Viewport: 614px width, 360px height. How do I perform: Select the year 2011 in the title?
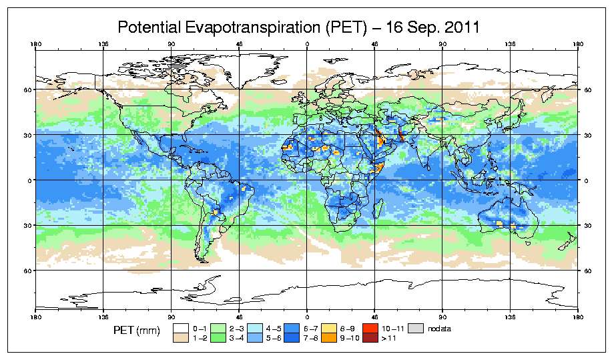click(461, 27)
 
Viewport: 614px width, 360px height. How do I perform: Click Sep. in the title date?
click(420, 27)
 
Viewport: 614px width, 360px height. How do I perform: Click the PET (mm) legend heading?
click(137, 330)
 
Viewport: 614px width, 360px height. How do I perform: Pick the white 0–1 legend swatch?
click(180, 329)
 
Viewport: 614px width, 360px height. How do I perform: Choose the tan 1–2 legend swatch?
click(180, 338)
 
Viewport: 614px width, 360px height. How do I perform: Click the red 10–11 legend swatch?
click(368, 329)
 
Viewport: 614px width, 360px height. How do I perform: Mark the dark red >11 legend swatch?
click(368, 338)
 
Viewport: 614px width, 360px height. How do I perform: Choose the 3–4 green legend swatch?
click(218, 338)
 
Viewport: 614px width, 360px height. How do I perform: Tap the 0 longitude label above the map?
click(307, 45)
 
